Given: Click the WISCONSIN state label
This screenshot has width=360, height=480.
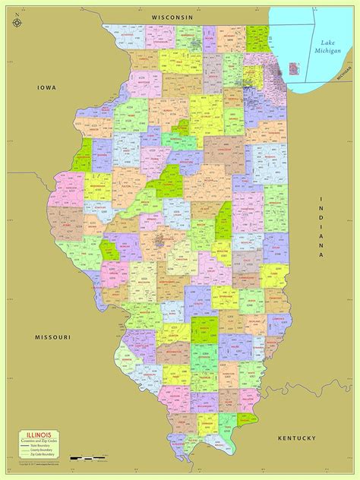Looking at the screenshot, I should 172,16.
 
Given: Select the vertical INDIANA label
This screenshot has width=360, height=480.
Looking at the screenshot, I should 322,228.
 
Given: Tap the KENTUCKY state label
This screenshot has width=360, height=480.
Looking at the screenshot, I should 295,438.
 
